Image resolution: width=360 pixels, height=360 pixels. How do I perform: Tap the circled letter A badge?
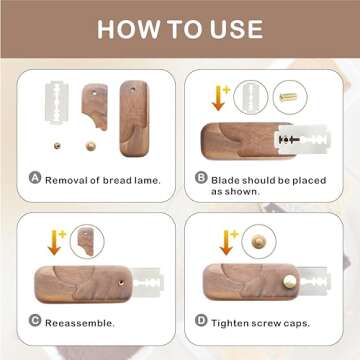point(34,178)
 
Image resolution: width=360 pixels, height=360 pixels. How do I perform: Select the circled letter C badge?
point(34,322)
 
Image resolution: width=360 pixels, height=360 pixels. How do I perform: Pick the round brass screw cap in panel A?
point(91,145)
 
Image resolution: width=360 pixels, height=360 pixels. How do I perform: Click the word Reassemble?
point(80,323)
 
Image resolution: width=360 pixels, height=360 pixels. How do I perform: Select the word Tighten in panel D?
point(231,323)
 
